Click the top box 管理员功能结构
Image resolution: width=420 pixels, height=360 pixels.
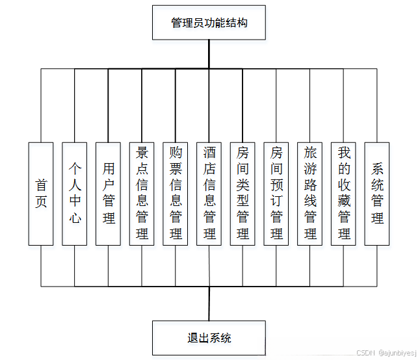pos(209,23)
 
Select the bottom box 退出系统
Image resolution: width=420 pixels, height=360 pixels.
pos(209,338)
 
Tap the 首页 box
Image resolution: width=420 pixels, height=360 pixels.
pos(41,194)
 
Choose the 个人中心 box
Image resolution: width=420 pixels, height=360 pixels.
pos(75,194)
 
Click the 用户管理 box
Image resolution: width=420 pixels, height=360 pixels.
pos(109,194)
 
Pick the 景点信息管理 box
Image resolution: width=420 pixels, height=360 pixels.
pos(142,194)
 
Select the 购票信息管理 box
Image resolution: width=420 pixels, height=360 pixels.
pos(176,194)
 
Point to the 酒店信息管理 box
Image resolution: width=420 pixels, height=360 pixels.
pos(209,194)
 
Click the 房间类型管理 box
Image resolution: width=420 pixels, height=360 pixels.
pos(243,194)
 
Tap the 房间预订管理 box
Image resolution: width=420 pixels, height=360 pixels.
pos(276,194)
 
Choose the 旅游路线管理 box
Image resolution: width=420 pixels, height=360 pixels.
pos(310,194)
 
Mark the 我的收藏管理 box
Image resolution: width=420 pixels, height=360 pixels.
pos(344,194)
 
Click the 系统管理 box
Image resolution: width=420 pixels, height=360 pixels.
pos(377,194)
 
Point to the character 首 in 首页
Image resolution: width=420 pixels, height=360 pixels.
pos(41,185)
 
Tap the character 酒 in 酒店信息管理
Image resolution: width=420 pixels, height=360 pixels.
pos(209,153)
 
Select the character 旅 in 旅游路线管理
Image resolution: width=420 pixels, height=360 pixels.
pos(310,153)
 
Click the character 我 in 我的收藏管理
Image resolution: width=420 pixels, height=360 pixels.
pos(344,153)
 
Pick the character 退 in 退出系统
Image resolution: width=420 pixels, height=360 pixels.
pos(192,338)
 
